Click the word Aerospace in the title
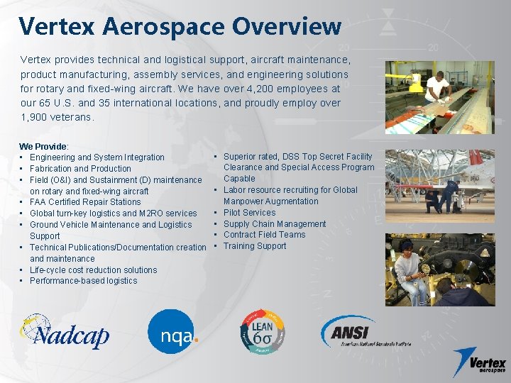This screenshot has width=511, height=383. [163, 27]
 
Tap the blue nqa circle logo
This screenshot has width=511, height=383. [172, 332]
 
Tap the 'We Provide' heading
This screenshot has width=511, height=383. [43, 145]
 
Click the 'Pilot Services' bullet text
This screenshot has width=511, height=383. [249, 212]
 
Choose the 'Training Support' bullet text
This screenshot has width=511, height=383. [255, 246]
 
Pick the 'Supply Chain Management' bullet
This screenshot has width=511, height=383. [275, 223]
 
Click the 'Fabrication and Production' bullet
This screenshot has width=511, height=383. [80, 168]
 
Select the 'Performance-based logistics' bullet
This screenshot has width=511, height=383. [84, 280]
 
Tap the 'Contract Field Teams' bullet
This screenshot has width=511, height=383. [264, 235]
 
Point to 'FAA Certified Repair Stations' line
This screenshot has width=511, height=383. [85, 202]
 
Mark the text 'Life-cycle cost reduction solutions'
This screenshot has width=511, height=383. [94, 270]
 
